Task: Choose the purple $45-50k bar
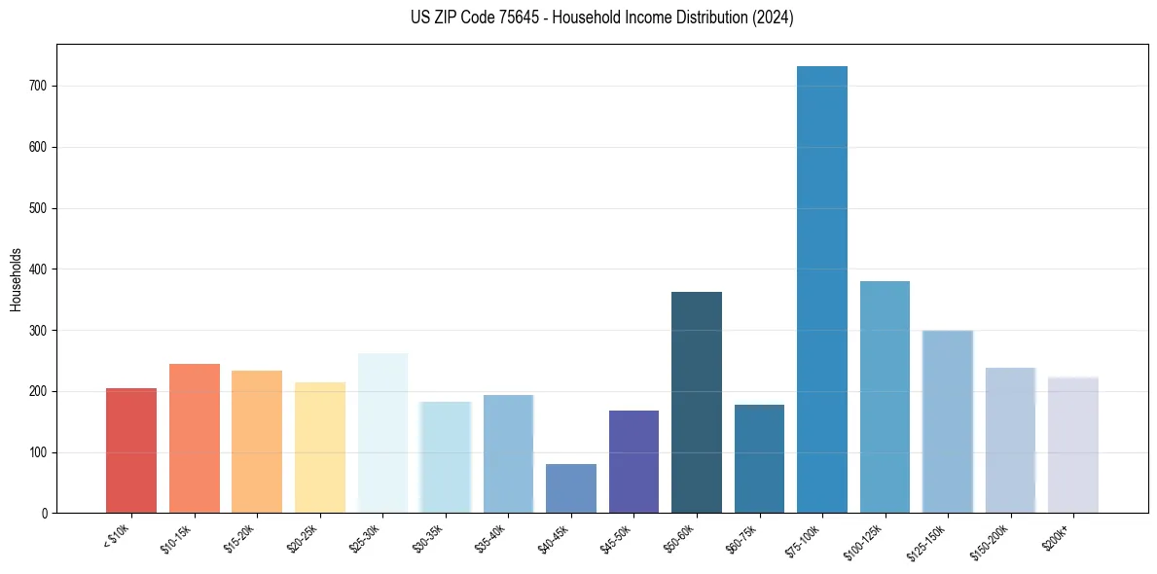click(633, 462)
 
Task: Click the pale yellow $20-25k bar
click(320, 448)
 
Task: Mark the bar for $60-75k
click(759, 458)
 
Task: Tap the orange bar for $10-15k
click(195, 438)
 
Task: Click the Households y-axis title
click(17, 279)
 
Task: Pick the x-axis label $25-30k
click(365, 536)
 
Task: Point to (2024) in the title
click(775, 18)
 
